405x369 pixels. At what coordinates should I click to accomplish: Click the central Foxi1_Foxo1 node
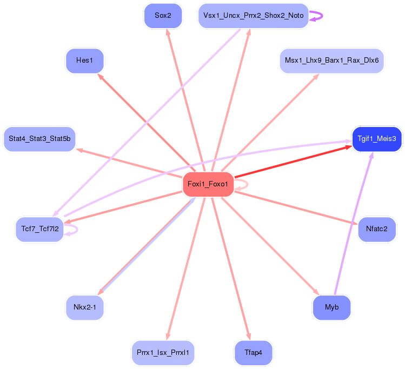click(208, 185)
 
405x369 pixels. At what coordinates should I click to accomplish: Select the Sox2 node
click(163, 16)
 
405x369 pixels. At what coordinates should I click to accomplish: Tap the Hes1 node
click(84, 61)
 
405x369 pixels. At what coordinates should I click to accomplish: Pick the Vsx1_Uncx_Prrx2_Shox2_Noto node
click(253, 16)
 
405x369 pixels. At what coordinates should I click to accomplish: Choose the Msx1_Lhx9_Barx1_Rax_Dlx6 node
click(331, 61)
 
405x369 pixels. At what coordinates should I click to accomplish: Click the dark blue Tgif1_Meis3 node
click(376, 139)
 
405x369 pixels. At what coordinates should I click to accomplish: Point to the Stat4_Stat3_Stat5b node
click(39, 139)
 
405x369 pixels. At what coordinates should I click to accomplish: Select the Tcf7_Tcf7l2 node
click(39, 229)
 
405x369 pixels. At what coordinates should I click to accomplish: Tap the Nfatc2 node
click(376, 229)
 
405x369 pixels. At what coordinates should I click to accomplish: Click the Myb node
click(331, 307)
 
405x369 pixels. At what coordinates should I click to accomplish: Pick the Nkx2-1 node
click(84, 307)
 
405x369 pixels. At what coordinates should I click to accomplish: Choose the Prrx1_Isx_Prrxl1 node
click(163, 352)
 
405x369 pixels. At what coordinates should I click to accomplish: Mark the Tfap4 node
click(253, 352)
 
